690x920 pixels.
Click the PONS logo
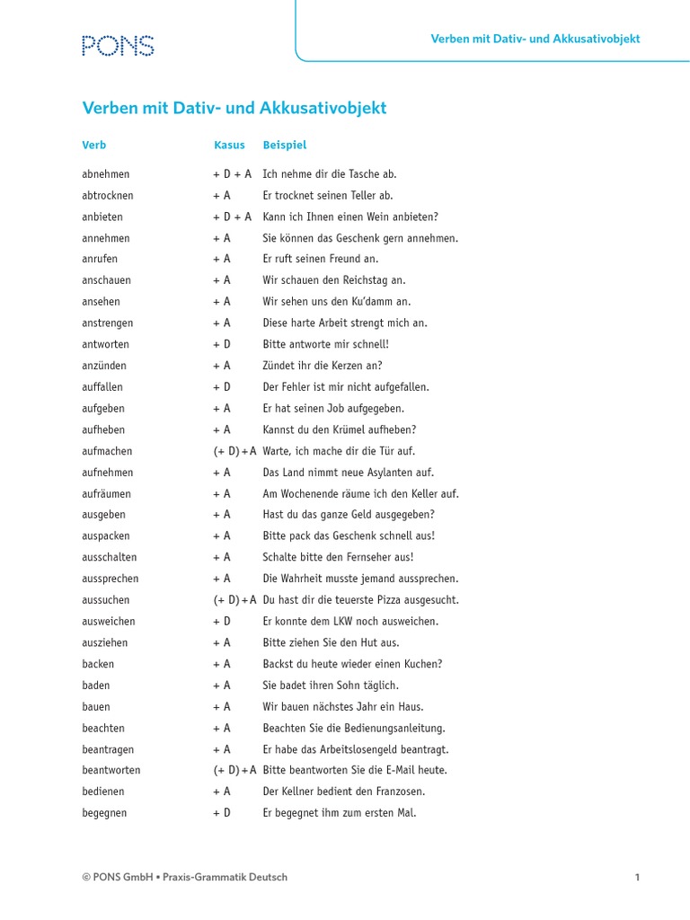118,46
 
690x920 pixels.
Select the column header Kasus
229,145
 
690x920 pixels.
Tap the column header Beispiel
284,145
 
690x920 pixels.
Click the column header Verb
94,145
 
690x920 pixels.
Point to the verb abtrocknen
108,195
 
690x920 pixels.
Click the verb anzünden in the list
104,366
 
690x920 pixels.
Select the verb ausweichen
110,621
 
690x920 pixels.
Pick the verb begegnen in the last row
104,813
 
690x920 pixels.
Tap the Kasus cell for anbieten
232,217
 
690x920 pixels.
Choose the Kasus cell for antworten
222,344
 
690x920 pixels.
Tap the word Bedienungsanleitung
395,728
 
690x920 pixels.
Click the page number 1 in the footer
637,877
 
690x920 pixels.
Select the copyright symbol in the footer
87,877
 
